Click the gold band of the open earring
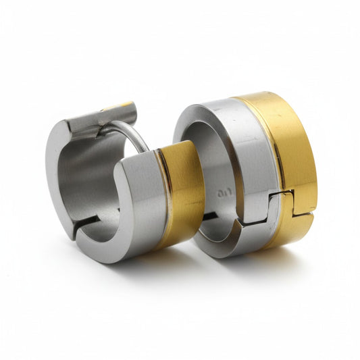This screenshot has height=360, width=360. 182,192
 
